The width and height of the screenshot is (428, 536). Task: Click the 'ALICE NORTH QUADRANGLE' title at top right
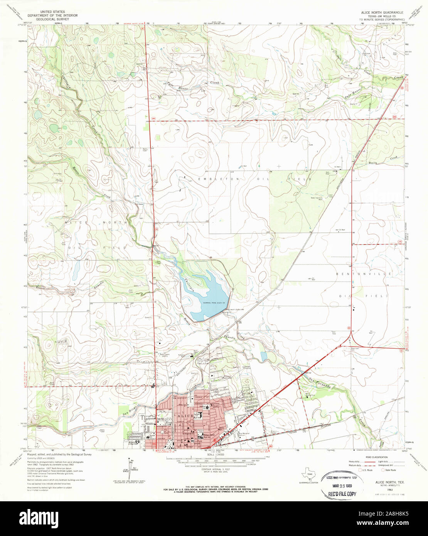tap(381, 13)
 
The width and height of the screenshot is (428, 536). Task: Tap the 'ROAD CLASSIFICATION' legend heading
tap(377, 457)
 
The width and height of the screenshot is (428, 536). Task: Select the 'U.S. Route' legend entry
tap(367, 470)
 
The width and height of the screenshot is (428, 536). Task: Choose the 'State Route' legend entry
tap(389, 470)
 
